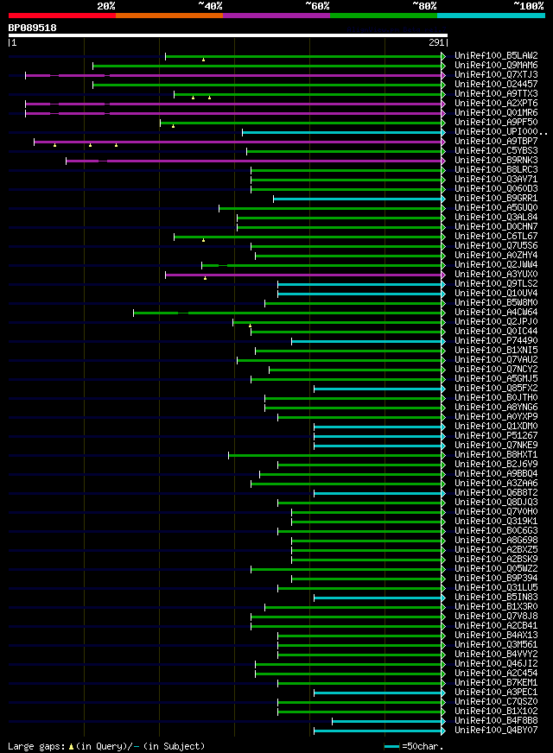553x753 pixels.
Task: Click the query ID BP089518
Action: pos(32,28)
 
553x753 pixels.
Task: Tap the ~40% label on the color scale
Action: pos(210,6)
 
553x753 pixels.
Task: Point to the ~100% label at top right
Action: pos(528,6)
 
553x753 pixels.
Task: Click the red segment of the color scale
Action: pos(61,16)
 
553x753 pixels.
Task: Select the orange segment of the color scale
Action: pos(168,16)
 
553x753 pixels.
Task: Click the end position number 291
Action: pos(435,42)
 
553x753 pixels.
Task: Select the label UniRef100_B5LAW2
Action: pos(496,56)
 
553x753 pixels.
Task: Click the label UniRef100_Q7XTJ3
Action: pos(496,75)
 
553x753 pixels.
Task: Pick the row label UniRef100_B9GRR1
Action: pos(496,199)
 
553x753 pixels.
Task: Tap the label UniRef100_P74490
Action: pos(496,341)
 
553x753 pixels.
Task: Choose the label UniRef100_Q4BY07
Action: pos(496,731)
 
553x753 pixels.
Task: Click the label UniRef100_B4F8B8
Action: pos(496,721)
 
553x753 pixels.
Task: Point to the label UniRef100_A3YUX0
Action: pos(496,275)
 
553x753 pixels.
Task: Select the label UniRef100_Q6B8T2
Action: pos(496,493)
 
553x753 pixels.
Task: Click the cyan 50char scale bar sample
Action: pos(392,745)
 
